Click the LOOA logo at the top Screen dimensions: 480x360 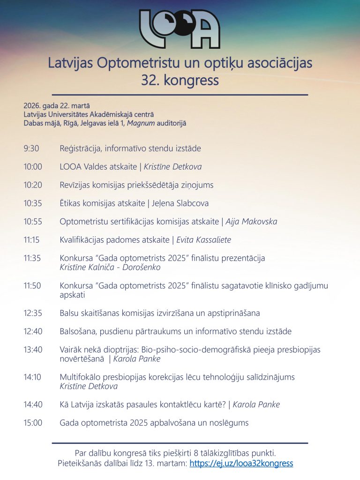click(x=180, y=29)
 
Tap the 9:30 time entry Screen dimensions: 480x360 click(x=31, y=149)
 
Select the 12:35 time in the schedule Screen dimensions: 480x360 click(x=33, y=313)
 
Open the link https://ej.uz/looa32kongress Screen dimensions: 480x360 click(x=241, y=464)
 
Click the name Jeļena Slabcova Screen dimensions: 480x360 click(x=180, y=203)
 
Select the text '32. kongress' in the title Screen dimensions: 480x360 click(x=180, y=80)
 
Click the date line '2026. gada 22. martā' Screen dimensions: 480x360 click(x=57, y=105)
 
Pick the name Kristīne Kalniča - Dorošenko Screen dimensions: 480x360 click(x=110, y=267)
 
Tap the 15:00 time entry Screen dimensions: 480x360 click(x=33, y=422)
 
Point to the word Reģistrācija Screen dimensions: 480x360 click(x=80, y=149)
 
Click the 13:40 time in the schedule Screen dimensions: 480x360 click(x=33, y=349)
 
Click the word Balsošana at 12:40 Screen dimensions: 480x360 click(x=77, y=331)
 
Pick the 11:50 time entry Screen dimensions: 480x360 click(x=33, y=285)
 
